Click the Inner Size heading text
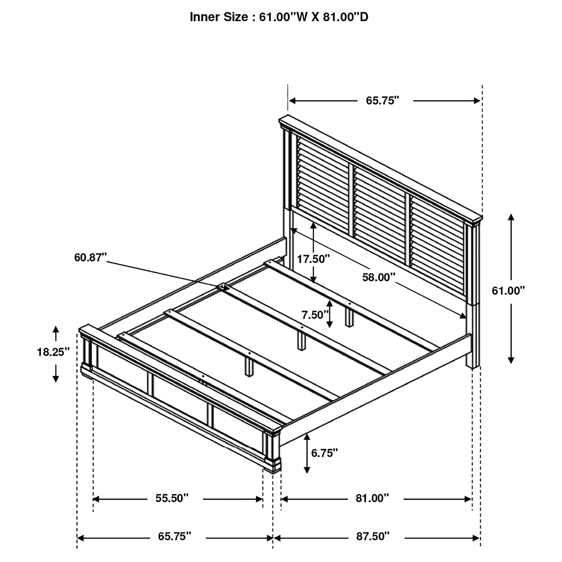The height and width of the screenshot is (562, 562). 279,17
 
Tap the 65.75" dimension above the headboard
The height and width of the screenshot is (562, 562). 382,101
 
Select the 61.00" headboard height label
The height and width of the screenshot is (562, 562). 508,291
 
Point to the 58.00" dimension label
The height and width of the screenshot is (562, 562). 379,278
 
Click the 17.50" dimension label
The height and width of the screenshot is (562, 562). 313,258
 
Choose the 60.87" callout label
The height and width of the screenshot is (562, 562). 90,257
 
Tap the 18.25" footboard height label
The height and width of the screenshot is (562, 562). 53,352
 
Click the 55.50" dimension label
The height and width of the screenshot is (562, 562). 172,498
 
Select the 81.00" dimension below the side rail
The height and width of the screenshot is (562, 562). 372,498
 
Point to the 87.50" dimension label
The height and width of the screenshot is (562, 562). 373,536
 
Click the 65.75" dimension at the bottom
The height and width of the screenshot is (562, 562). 174,536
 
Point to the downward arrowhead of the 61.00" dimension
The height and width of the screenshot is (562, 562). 511,360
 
